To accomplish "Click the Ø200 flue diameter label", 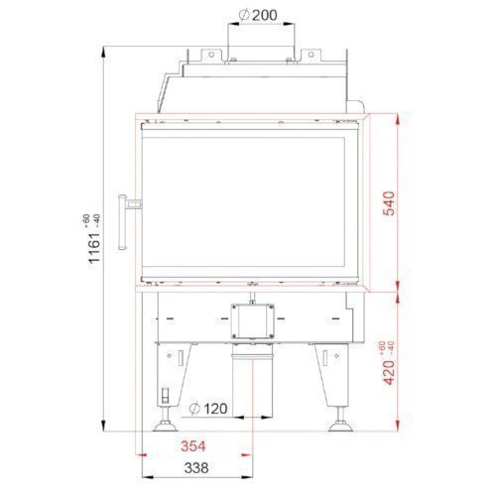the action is (258, 15).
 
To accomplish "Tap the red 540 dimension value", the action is (389, 203).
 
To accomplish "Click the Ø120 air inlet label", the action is (208, 409).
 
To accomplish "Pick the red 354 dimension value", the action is (193, 446).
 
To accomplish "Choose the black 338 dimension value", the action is (196, 468).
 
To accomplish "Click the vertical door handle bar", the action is (122, 222).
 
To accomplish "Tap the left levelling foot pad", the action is (166, 427).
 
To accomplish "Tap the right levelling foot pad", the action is (341, 427).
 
